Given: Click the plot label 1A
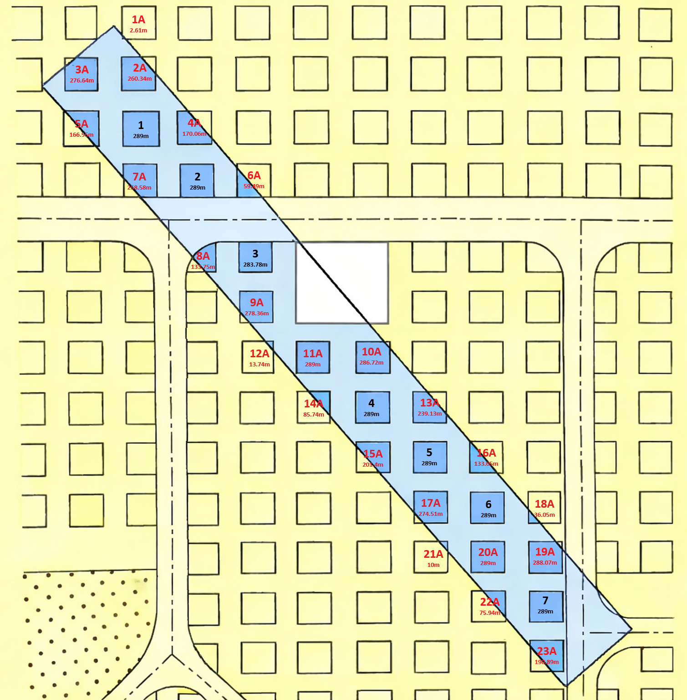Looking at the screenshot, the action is click(x=138, y=20).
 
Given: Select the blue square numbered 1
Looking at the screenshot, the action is click(x=141, y=129).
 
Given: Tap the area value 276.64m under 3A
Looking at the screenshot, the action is click(x=82, y=81).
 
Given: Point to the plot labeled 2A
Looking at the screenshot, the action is click(x=139, y=73).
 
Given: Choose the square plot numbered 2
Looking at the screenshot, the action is click(x=197, y=180).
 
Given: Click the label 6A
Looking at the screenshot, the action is click(x=254, y=175).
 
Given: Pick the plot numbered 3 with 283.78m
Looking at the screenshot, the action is click(x=255, y=257).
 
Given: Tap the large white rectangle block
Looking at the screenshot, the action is click(x=341, y=283).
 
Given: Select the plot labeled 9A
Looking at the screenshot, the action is click(x=256, y=307).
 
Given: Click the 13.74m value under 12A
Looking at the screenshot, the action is click(x=260, y=365).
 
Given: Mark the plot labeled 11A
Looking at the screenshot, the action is click(x=313, y=357).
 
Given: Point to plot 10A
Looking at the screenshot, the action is click(x=372, y=357).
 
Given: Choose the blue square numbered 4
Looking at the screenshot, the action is click(x=372, y=407).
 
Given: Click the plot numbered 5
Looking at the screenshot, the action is click(x=430, y=457).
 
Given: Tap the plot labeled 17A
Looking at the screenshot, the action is click(x=431, y=507).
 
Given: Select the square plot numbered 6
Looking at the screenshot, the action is click(x=488, y=508).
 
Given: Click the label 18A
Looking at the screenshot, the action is click(x=545, y=504).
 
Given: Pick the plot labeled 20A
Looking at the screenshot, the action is click(x=488, y=556).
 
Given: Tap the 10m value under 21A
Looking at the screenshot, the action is click(x=433, y=565).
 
